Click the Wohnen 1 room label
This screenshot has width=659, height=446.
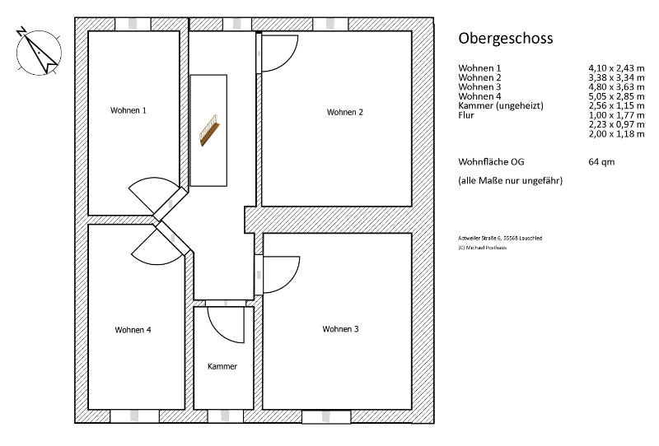129,110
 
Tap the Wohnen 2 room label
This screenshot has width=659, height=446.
344,112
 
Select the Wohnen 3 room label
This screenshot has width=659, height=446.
340,329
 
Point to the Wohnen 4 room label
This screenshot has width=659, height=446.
133,330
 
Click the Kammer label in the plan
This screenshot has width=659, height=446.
222,366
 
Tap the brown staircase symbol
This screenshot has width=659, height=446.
209,130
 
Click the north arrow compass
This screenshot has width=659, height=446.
39,53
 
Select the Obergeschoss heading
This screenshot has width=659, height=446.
506,38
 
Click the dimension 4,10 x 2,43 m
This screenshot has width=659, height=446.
616,68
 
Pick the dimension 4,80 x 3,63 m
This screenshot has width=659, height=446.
616,87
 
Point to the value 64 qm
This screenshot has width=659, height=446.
601,161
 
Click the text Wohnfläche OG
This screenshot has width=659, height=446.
491,161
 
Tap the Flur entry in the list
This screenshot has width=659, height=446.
466,115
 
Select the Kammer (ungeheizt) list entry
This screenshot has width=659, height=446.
501,106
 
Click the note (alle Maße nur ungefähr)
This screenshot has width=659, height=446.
510,180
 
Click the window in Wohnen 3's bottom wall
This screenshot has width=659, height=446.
326,416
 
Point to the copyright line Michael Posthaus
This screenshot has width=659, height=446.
483,248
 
